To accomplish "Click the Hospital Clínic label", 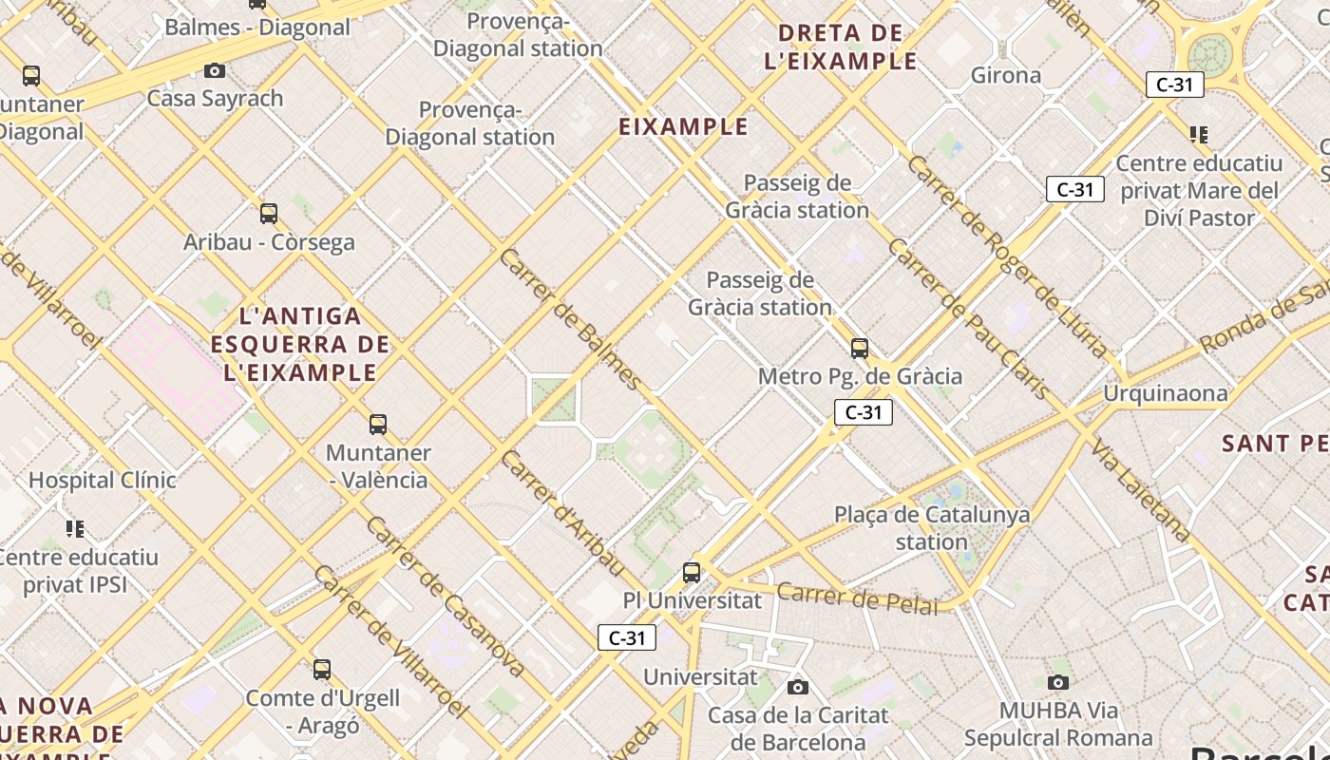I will [x=103, y=480].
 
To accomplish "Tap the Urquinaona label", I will [x=1165, y=393].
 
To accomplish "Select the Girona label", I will [x=1006, y=75].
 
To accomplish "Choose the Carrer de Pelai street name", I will [x=857, y=598].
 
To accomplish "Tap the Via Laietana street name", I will [x=1140, y=490].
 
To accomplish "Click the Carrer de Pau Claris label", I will [x=968, y=318].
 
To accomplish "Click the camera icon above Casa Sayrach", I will [x=215, y=70].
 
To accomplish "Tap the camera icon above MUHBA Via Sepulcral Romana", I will [x=1058, y=682].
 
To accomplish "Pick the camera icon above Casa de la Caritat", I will [x=798, y=687].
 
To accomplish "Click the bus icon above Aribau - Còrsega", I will [x=269, y=214].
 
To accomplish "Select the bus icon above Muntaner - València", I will [x=378, y=425].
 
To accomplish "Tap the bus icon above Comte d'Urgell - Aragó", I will [x=322, y=670].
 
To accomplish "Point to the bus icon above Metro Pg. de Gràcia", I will [x=860, y=349].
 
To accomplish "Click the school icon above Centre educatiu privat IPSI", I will [x=76, y=528].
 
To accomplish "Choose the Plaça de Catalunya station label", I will [x=931, y=528].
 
